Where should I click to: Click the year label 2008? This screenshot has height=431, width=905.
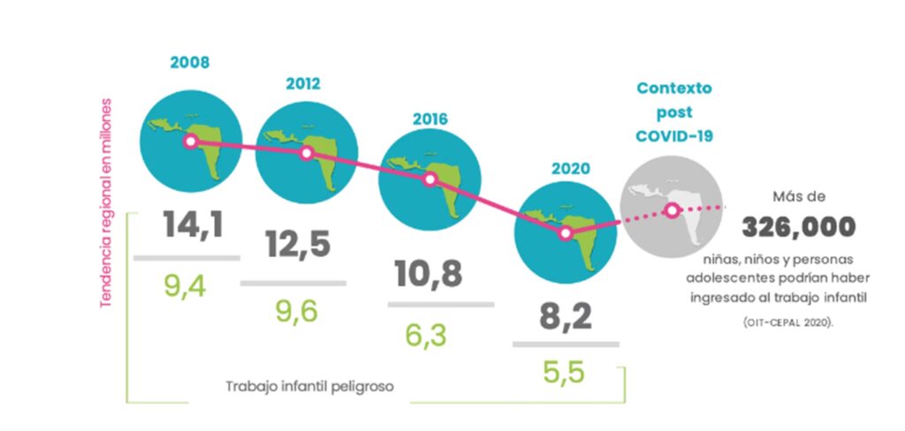point(191,64)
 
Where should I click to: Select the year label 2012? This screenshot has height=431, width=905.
point(302,85)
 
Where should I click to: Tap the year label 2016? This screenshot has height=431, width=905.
point(430,118)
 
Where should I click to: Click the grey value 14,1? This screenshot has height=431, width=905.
point(193,224)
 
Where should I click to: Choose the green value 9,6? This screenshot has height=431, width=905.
point(295,310)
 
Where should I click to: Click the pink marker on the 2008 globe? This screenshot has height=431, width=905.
point(189,141)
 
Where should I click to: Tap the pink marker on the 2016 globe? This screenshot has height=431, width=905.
point(430,178)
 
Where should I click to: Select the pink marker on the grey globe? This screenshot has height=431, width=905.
point(672,210)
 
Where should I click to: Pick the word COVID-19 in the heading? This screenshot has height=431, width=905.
point(674,136)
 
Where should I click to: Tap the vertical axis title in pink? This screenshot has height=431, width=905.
point(106,202)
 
